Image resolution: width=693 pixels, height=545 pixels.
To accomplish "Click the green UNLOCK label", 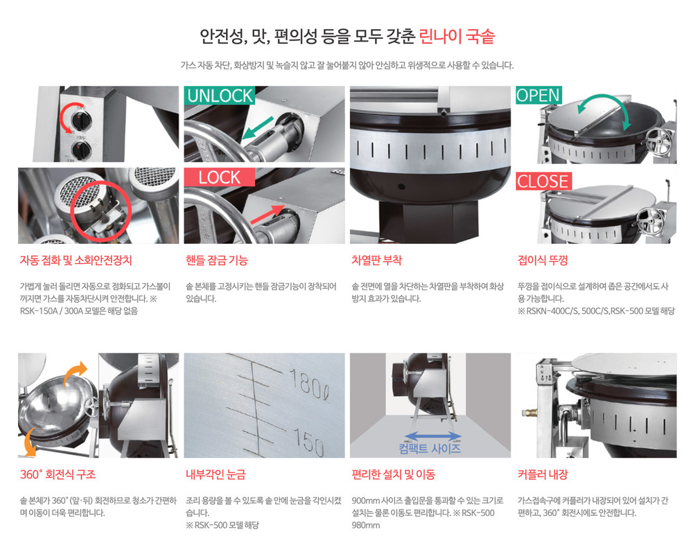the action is (219, 96).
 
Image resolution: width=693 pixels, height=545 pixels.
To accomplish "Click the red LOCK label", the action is (219, 177).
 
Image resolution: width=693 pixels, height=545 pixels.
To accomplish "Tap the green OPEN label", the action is (538, 95).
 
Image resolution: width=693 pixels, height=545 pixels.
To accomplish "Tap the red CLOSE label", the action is (543, 181).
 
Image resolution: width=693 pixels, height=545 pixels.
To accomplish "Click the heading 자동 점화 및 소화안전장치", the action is (76, 260).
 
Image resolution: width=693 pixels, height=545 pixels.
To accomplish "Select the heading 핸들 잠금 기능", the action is (216, 260).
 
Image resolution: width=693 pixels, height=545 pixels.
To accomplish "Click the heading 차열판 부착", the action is (376, 260).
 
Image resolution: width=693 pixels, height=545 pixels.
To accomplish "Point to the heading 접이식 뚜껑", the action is (543, 260).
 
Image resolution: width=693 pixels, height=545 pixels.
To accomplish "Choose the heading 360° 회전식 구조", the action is (58, 474).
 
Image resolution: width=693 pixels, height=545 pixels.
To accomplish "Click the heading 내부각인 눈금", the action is (216, 474).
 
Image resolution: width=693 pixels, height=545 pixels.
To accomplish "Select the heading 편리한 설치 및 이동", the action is (394, 474).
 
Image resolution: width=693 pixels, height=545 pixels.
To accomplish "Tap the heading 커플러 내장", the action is (543, 474).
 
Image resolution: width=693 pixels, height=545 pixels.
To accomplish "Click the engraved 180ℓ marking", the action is (309, 384).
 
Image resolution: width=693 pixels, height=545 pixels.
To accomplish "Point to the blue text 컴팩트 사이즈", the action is (430, 449).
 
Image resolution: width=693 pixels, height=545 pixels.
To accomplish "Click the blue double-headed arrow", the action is (433, 436).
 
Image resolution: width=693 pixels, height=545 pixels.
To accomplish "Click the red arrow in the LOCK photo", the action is (267, 214).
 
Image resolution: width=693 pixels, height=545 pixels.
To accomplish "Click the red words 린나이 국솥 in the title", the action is (457, 36).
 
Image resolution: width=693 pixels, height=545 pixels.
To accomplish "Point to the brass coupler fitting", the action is (529, 413).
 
